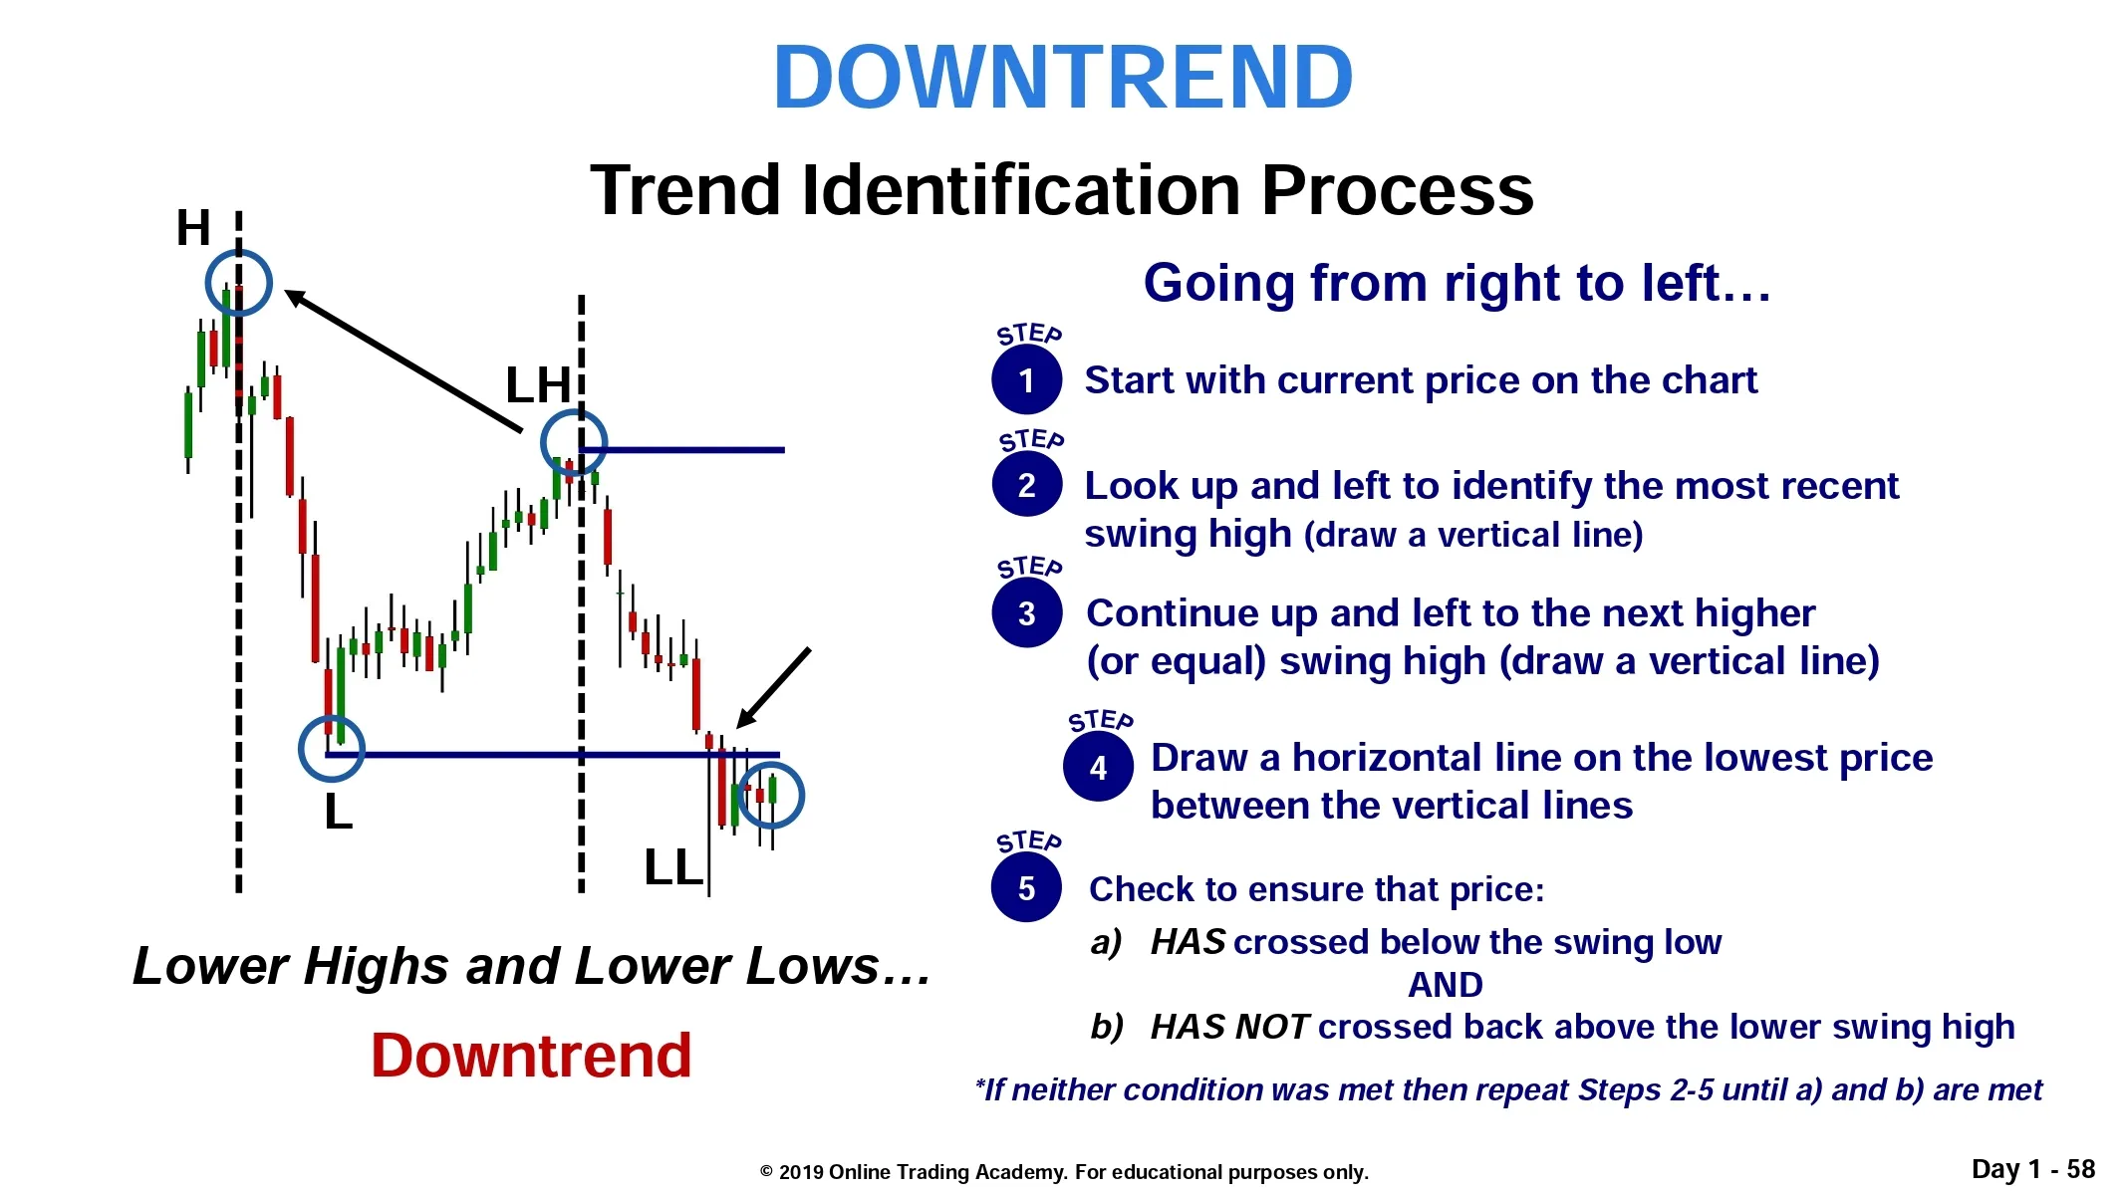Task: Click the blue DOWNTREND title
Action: point(1063,78)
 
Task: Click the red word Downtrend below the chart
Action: point(531,1056)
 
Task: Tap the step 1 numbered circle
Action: point(1026,379)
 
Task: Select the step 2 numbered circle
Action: point(1026,485)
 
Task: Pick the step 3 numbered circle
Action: point(1026,612)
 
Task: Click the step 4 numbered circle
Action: point(1098,767)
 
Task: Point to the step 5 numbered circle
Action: point(1026,887)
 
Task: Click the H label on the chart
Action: point(193,228)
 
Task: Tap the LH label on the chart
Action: point(538,385)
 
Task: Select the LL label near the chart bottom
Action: point(673,867)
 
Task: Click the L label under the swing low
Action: point(339,813)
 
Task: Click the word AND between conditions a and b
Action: point(1445,985)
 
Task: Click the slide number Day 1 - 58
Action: point(2033,1169)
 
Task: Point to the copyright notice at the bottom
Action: point(1064,1172)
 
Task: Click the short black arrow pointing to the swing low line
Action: point(773,688)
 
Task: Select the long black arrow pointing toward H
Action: point(403,360)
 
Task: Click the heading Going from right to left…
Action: point(1458,284)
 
